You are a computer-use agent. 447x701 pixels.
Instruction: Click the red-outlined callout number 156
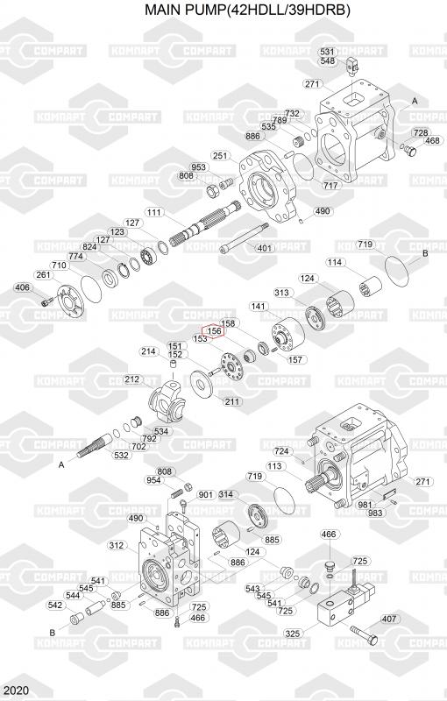point(214,331)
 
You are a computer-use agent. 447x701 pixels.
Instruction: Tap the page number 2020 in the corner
point(14,690)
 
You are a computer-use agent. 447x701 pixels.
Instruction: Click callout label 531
point(327,53)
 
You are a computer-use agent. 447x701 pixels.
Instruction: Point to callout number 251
point(220,156)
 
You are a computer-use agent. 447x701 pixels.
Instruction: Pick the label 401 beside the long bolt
point(265,248)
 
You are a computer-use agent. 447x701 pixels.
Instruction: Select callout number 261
point(43,274)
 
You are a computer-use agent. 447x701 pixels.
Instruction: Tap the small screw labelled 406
point(46,302)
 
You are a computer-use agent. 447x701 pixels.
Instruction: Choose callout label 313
point(281,293)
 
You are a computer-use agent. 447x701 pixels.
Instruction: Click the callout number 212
point(131,379)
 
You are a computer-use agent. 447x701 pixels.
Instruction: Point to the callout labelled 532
point(121,455)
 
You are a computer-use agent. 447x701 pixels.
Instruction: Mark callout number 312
point(117,545)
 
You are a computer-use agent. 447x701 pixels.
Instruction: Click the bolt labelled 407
point(364,633)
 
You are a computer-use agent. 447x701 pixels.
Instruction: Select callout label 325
point(293,633)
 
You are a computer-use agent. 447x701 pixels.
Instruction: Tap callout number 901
point(206,494)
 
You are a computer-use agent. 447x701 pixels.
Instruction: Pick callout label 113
point(274,466)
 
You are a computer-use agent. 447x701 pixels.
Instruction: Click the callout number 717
point(330,185)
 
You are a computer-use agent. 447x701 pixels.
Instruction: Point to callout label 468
point(432,140)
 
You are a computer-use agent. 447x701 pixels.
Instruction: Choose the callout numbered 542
point(55,605)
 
